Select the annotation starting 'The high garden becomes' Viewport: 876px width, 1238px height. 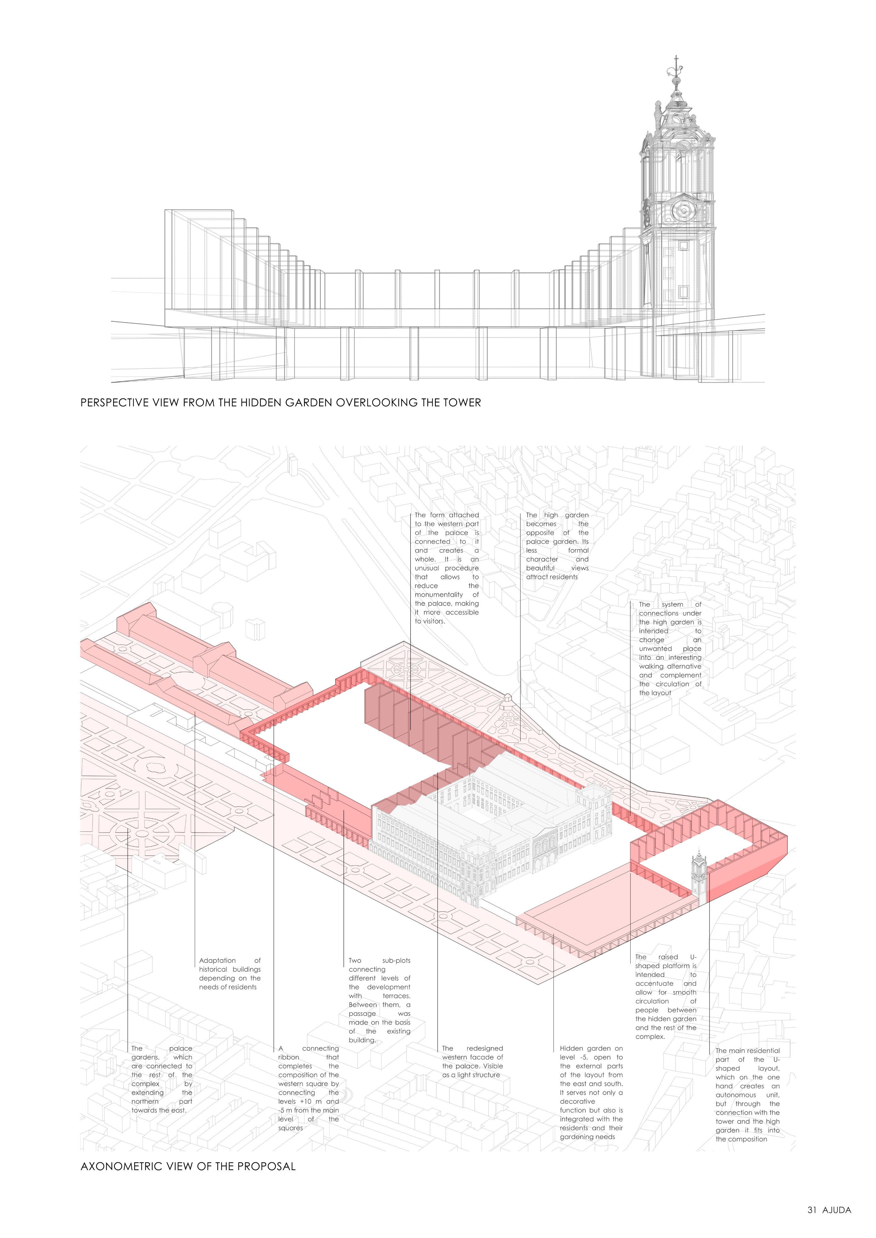[x=557, y=546]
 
